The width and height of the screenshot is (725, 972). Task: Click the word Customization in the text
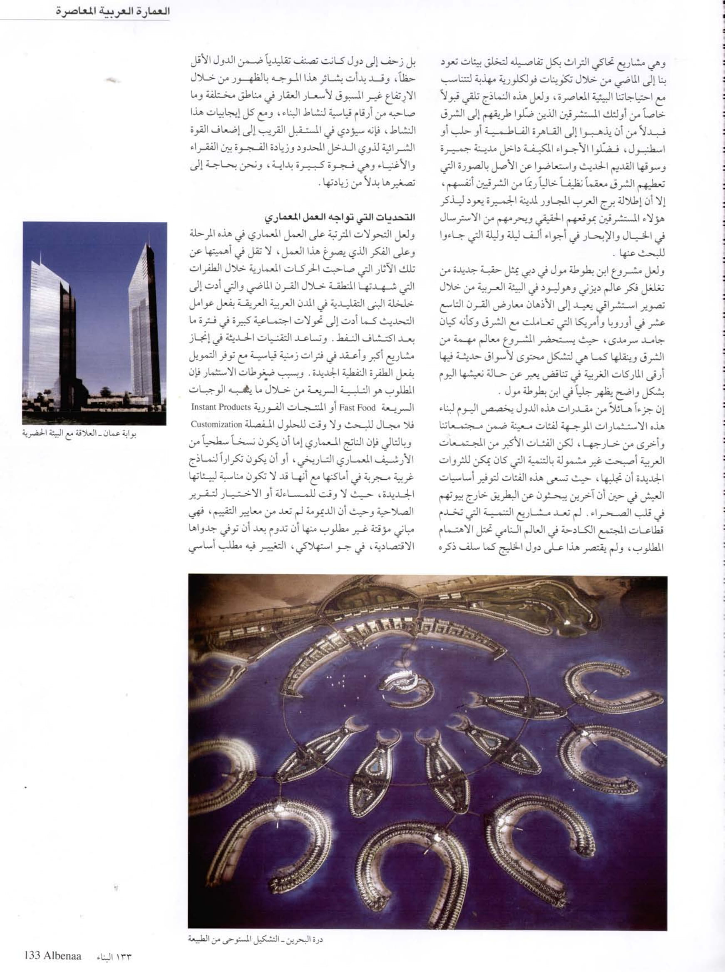point(217,425)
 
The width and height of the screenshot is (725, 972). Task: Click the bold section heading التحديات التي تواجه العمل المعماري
point(340,217)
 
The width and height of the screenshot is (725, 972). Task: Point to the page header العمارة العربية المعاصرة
point(112,11)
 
